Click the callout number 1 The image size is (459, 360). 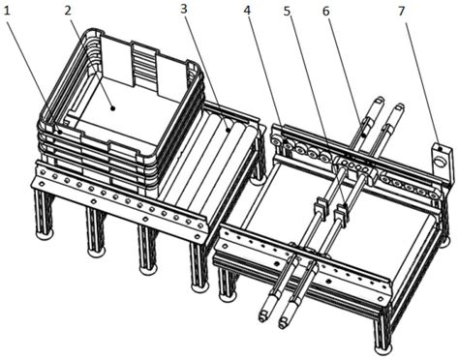pyautogui.click(x=7, y=12)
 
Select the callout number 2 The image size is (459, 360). pyautogui.click(x=68, y=11)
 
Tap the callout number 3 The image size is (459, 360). pyautogui.click(x=184, y=9)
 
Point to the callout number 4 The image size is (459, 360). pyautogui.click(x=247, y=11)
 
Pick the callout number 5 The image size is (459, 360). pyautogui.click(x=287, y=11)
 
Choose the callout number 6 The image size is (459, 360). pyautogui.click(x=326, y=12)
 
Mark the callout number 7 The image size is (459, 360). pyautogui.click(x=401, y=12)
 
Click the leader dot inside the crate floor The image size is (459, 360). pyautogui.click(x=112, y=108)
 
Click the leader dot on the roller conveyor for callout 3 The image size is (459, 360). pyautogui.click(x=228, y=130)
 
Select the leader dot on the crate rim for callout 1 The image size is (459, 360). pyautogui.click(x=59, y=132)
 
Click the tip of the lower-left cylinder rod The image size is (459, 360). pyautogui.click(x=262, y=318)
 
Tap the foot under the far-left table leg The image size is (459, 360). pyautogui.click(x=45, y=235)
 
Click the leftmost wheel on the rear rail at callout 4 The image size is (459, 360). pyautogui.click(x=277, y=142)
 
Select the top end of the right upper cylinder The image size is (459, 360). pyautogui.click(x=400, y=106)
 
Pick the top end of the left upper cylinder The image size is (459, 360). pyautogui.click(x=380, y=100)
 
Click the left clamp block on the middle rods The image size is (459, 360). pyautogui.click(x=320, y=206)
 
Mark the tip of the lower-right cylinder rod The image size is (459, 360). pyautogui.click(x=283, y=324)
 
